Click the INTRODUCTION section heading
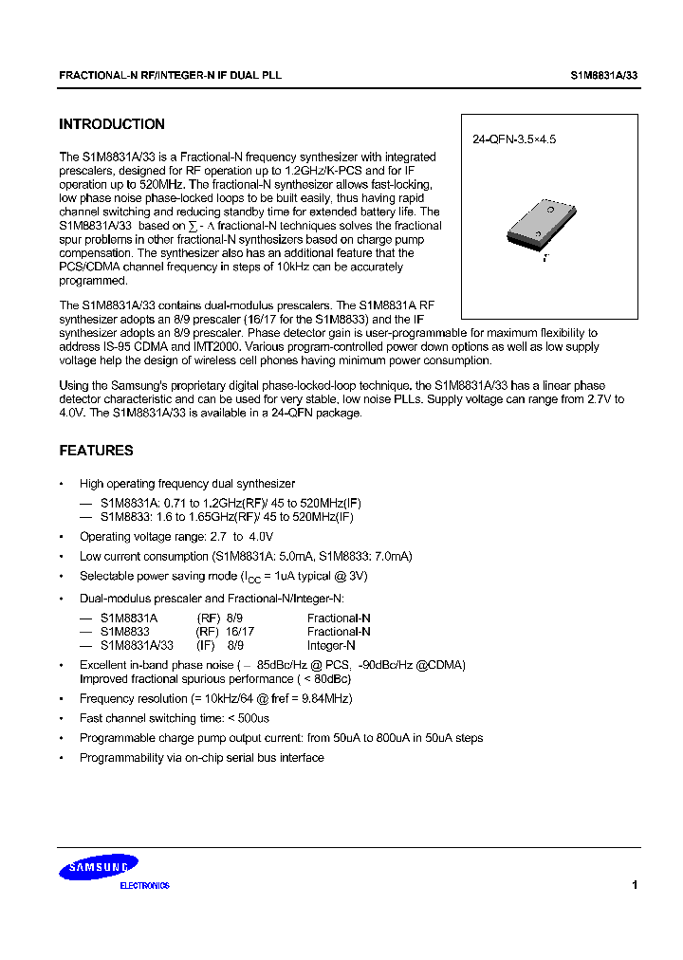pos(112,124)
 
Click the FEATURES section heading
pos(96,451)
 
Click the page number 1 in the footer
pos(634,884)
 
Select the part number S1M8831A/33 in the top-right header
pos(605,74)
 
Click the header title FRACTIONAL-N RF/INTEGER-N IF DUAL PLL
pos(170,74)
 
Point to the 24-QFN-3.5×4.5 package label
pos(513,139)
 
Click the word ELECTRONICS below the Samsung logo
pos(144,886)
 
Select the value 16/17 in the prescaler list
pos(240,631)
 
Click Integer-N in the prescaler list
pos(331,645)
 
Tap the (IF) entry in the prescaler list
pos(207,645)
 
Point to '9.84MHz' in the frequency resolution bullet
pos(328,698)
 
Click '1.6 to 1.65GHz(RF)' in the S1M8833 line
pos(203,517)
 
